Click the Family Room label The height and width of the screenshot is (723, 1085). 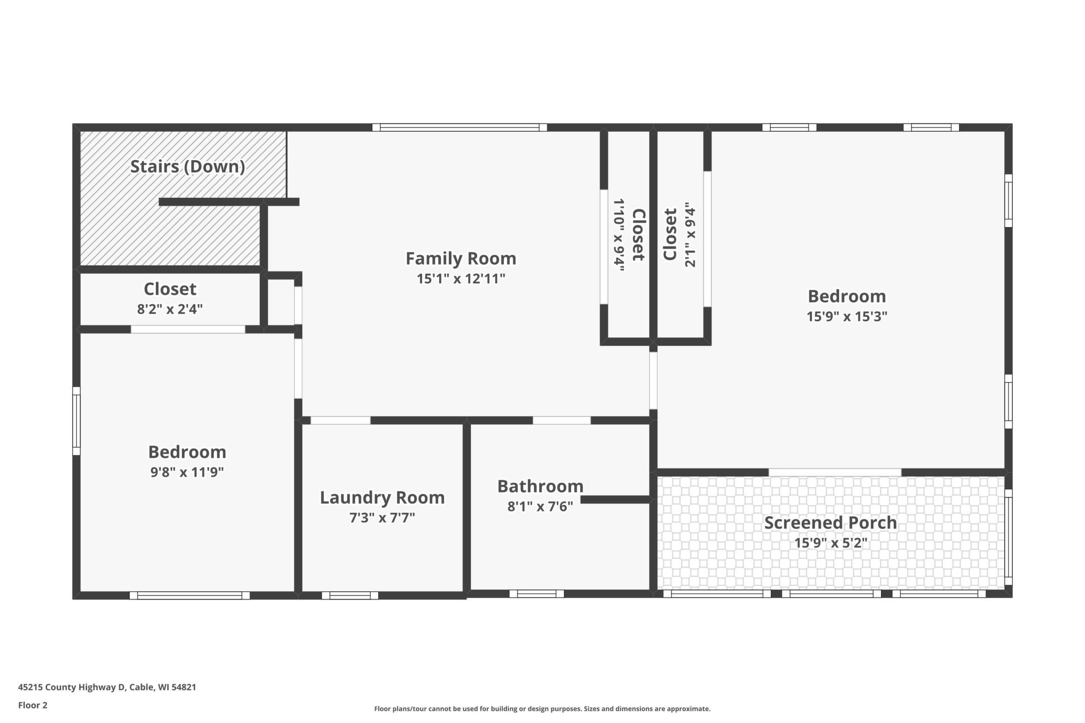click(x=461, y=259)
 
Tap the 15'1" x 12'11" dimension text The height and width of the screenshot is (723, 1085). click(x=461, y=279)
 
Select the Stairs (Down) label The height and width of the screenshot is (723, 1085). click(x=187, y=166)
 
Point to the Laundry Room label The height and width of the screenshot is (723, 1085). click(x=382, y=497)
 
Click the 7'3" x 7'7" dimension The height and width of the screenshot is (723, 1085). click(x=382, y=518)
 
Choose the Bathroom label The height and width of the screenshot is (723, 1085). click(x=540, y=487)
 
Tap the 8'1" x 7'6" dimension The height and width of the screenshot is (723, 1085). click(x=540, y=507)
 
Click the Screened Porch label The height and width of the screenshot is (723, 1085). click(x=830, y=523)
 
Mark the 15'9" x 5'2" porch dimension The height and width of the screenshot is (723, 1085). click(x=830, y=543)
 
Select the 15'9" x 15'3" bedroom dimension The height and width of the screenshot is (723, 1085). click(x=847, y=317)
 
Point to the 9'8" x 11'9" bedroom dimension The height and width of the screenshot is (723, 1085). click(x=187, y=472)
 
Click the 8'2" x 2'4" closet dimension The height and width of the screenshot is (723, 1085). click(x=170, y=309)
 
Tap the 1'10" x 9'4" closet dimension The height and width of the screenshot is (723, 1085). click(x=619, y=235)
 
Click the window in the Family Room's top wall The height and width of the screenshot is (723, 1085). click(x=459, y=128)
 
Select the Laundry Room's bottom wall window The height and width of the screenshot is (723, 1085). click(x=349, y=595)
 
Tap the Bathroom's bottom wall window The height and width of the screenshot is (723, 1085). click(x=536, y=594)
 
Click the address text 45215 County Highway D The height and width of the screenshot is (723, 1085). click(x=71, y=687)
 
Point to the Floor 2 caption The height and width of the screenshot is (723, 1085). click(x=33, y=705)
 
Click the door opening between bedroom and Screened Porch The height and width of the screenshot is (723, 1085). click(x=835, y=472)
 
